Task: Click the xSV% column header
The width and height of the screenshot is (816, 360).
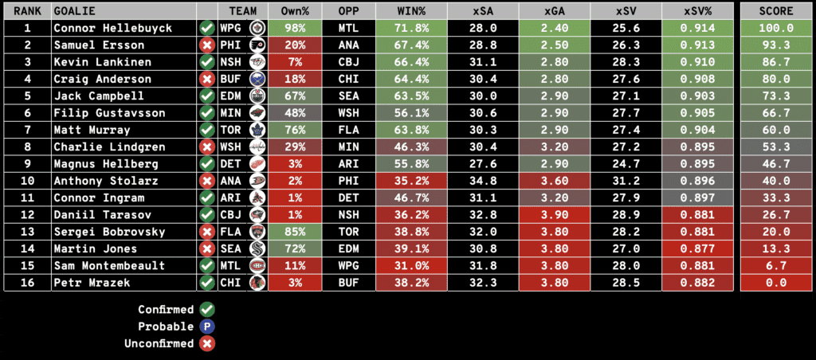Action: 700,11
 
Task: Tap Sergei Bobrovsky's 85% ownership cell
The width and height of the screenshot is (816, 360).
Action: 295,232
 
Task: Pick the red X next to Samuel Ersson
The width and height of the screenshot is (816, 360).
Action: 208,45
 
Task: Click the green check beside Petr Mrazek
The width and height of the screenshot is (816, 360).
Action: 208,283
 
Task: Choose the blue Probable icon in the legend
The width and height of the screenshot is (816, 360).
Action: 208,327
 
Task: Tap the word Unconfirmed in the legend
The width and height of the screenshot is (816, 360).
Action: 159,343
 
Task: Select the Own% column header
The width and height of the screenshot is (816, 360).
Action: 295,11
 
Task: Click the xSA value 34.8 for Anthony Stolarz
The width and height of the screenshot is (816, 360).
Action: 483,181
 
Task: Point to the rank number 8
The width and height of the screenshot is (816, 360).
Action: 27,147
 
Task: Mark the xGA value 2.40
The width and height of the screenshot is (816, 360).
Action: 555,28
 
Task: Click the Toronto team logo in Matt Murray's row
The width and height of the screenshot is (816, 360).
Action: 256,130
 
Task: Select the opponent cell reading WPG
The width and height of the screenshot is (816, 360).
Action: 348,266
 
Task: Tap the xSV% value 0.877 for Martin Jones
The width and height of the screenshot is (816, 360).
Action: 700,248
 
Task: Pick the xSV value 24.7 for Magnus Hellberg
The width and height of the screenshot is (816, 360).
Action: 626,164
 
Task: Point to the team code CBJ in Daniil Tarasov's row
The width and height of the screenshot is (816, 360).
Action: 230,215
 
